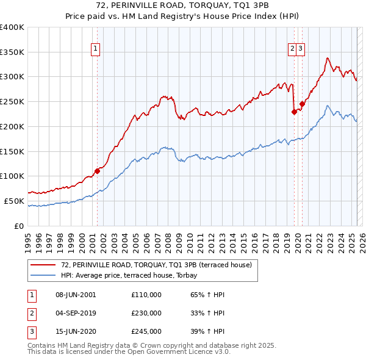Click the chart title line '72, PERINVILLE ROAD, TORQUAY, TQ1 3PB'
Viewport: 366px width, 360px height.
[x=183, y=5]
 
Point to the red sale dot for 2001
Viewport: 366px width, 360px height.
[x=97, y=171]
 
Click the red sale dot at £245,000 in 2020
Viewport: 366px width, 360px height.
[x=302, y=104]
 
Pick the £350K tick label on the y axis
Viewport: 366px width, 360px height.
[x=12, y=52]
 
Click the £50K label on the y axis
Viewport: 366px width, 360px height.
[x=15, y=201]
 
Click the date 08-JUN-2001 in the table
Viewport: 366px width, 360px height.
[x=76, y=295]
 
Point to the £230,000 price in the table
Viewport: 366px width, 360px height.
[x=146, y=314]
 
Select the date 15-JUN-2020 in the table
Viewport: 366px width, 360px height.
[x=76, y=333]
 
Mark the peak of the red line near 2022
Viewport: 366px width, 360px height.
[x=328, y=58]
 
